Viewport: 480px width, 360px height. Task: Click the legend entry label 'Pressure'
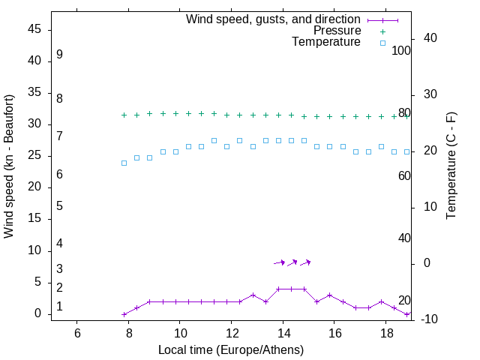pos(337,31)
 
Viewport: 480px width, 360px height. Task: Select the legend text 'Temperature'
pos(326,42)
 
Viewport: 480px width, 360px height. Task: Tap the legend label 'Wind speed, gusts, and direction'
pos(274,19)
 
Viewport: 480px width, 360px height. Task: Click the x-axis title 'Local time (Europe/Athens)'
pos(231,350)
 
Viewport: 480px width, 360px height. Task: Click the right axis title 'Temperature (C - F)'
pos(451,166)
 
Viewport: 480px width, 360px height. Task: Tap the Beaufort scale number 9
pos(59,55)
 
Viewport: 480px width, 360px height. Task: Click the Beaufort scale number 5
pos(59,205)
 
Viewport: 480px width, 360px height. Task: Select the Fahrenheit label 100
pos(402,51)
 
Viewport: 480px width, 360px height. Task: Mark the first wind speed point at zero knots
pos(124,314)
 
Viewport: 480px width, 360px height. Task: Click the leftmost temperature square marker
pos(124,163)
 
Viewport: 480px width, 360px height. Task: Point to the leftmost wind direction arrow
pos(279,262)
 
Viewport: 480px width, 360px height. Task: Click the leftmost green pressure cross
pos(124,115)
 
